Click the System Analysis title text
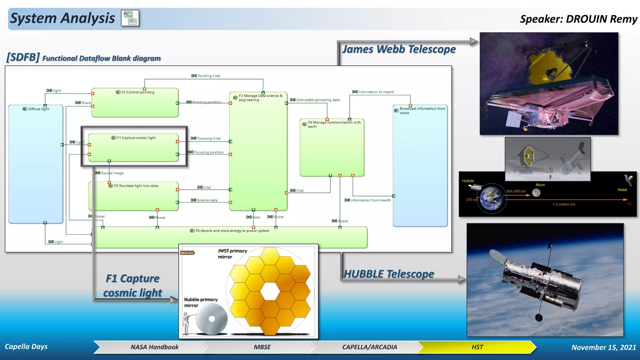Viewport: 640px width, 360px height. click(x=62, y=18)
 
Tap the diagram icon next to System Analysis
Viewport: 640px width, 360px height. click(x=130, y=18)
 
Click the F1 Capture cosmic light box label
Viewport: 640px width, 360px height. click(x=136, y=138)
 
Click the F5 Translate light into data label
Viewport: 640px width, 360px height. click(x=136, y=186)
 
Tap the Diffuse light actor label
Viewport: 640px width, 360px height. click(x=38, y=109)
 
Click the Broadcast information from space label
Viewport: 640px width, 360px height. click(x=422, y=111)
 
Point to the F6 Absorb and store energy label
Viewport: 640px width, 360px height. click(x=232, y=231)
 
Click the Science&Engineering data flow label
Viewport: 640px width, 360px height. click(x=317, y=100)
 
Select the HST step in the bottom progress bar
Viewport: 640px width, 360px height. click(x=477, y=347)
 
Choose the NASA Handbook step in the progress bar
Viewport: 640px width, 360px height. click(x=154, y=347)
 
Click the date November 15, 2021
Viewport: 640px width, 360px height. click(x=603, y=347)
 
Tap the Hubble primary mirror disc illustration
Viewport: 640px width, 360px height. click(x=212, y=319)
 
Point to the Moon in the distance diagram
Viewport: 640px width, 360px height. click(x=536, y=193)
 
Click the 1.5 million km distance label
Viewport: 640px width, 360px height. click(x=563, y=204)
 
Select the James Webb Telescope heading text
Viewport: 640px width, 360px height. click(x=399, y=49)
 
